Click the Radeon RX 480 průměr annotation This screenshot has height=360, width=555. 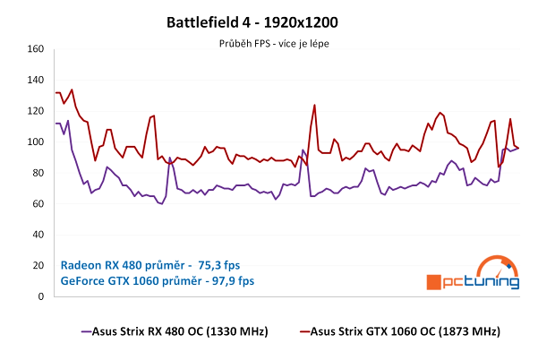pyautogui.click(x=124, y=265)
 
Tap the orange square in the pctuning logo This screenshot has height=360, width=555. pyautogui.click(x=434, y=281)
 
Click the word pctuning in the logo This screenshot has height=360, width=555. pyautogui.click(x=482, y=281)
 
